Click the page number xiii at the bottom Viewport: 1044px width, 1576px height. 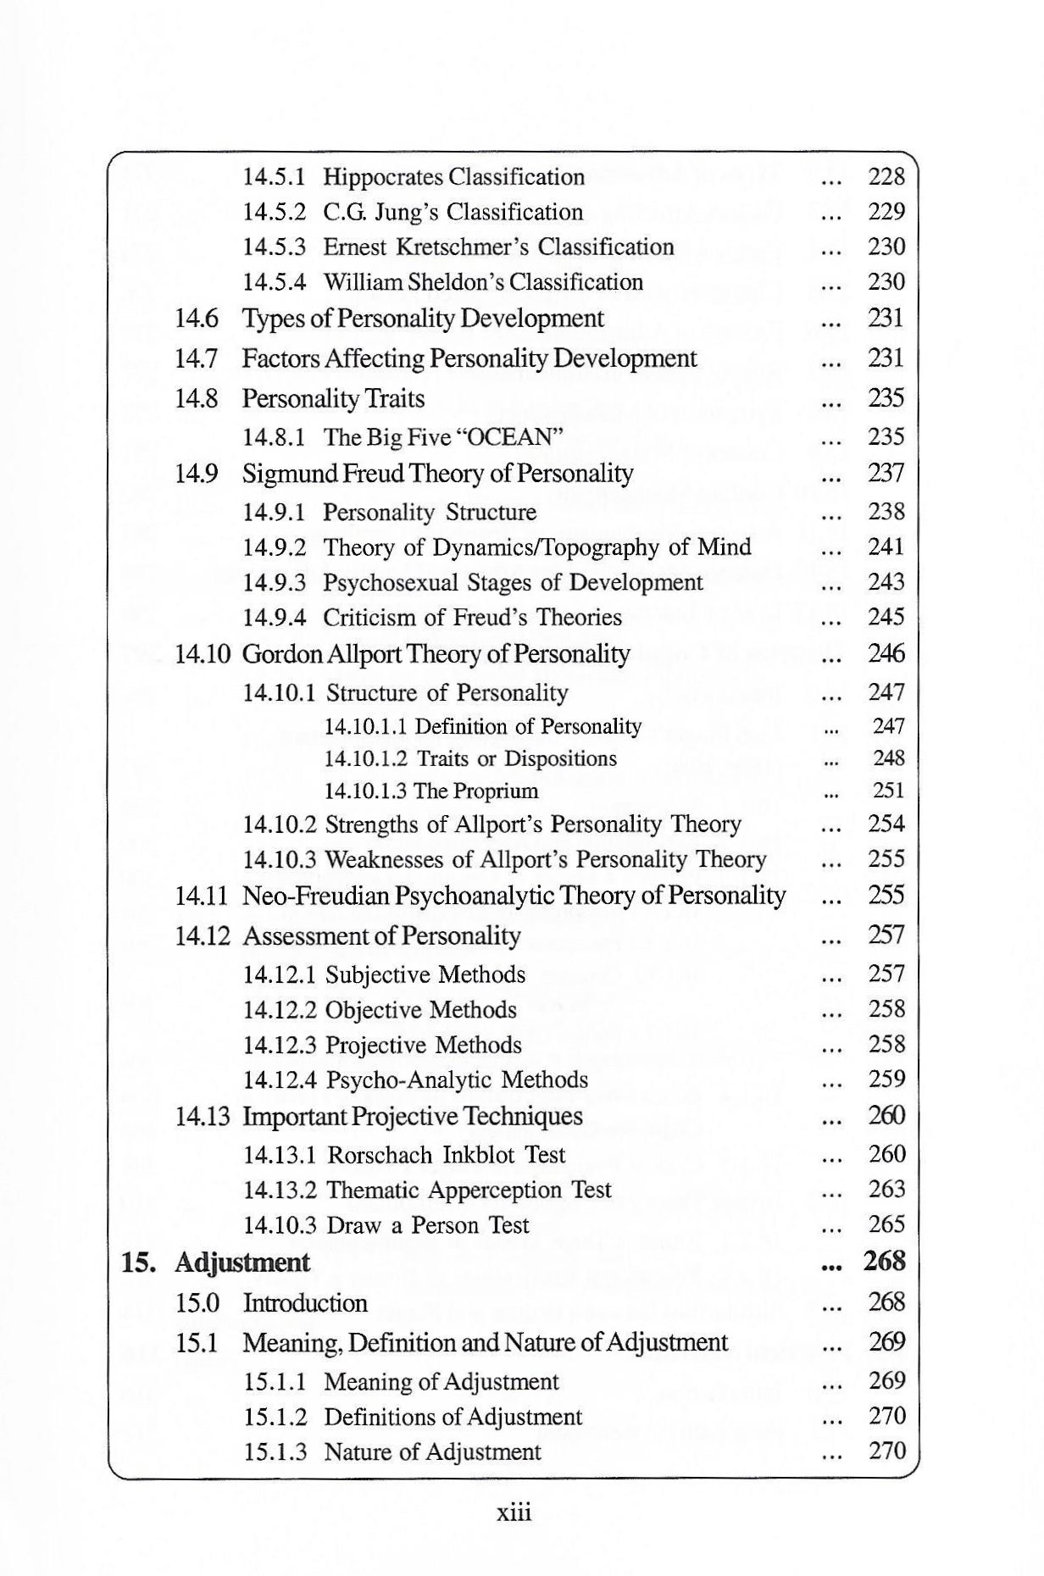click(x=514, y=1512)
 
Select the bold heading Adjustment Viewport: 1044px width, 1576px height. click(x=242, y=1262)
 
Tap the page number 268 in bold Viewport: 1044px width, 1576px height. click(x=885, y=1262)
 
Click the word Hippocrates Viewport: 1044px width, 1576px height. click(x=383, y=177)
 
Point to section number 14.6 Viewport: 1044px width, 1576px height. click(x=196, y=319)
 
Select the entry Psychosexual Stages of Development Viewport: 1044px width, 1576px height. click(x=513, y=583)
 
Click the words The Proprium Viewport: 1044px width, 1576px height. click(x=476, y=791)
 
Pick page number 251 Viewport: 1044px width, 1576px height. click(x=889, y=791)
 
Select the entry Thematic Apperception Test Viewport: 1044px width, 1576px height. click(x=469, y=1190)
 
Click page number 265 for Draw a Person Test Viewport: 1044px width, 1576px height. click(x=886, y=1224)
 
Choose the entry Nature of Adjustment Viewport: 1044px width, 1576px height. click(x=432, y=1452)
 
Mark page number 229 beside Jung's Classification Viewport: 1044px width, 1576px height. click(x=886, y=212)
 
